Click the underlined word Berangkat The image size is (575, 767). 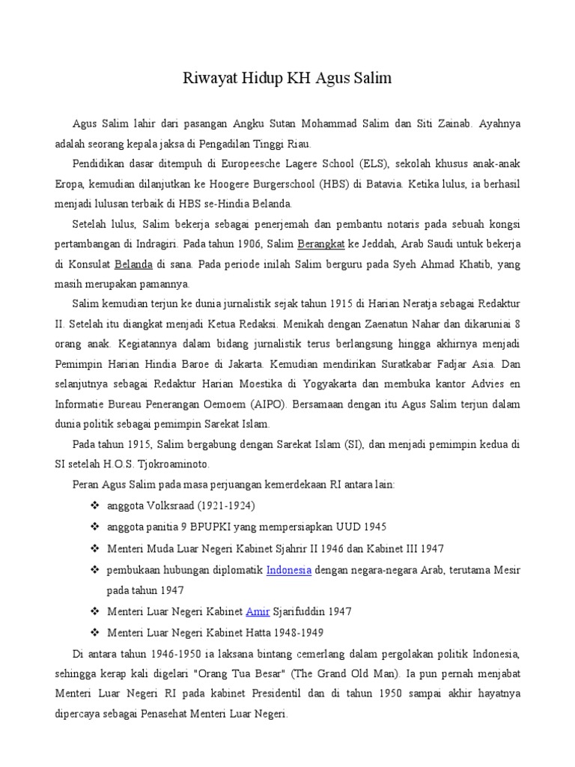[x=320, y=244]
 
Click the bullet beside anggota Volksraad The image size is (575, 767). [x=94, y=506]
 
